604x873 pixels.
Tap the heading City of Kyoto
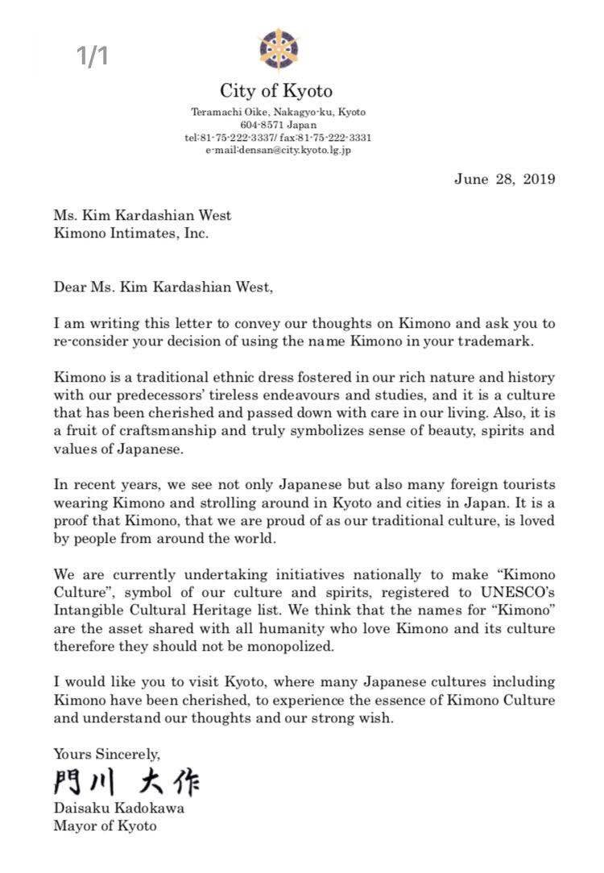click(276, 91)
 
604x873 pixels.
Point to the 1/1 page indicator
click(93, 56)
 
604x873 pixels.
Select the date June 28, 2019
click(504, 179)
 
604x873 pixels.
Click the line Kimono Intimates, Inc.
click(131, 234)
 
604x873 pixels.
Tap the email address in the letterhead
click(278, 150)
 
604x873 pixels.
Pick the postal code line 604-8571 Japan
click(278, 125)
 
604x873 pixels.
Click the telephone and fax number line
click(278, 138)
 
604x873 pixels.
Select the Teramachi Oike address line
click(278, 112)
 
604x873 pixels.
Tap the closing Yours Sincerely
click(107, 755)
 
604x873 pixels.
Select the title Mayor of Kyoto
click(105, 825)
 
